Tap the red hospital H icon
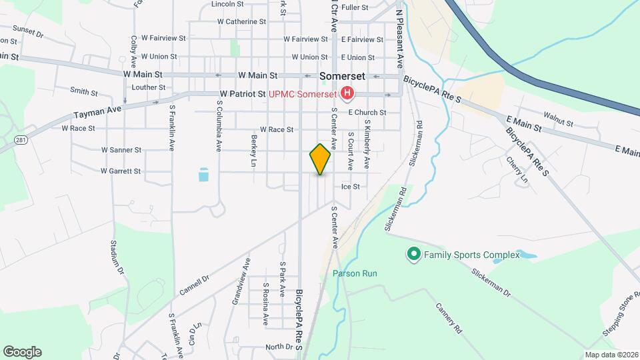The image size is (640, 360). (x=347, y=95)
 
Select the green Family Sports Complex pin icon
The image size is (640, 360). (x=413, y=254)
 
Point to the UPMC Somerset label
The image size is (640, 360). (x=302, y=95)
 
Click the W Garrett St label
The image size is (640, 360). (x=121, y=171)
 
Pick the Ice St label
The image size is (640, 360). (x=351, y=187)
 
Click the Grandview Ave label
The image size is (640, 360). (x=241, y=281)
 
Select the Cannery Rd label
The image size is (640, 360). (x=449, y=318)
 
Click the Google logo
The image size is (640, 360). (x=22, y=352)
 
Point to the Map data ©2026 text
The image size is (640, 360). (x=611, y=355)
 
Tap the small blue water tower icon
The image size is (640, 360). (x=203, y=175)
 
